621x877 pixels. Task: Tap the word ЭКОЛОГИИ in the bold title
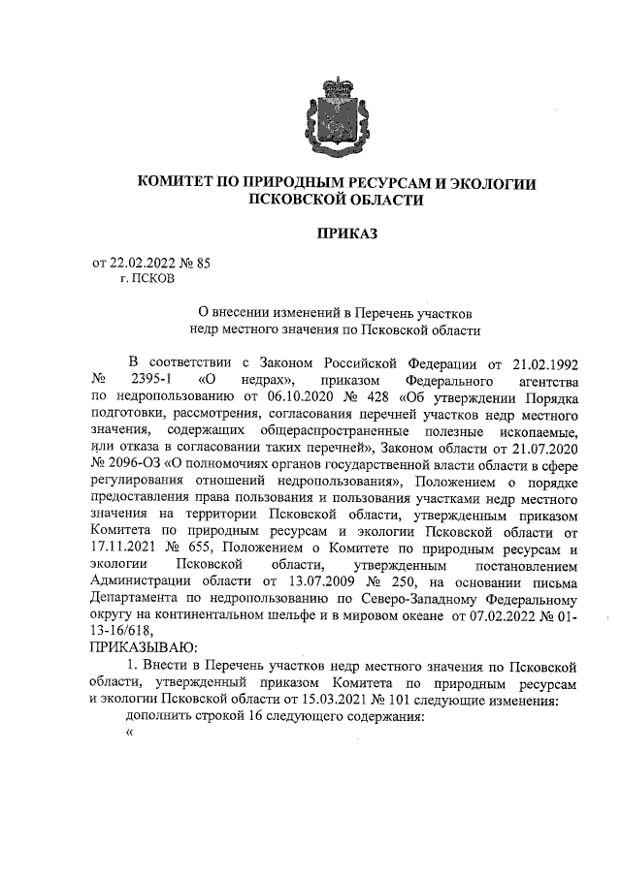[x=482, y=182]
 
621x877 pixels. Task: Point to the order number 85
[x=204, y=263]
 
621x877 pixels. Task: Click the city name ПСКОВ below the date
[x=147, y=279]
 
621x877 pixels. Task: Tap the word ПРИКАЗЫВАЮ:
[x=143, y=646]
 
